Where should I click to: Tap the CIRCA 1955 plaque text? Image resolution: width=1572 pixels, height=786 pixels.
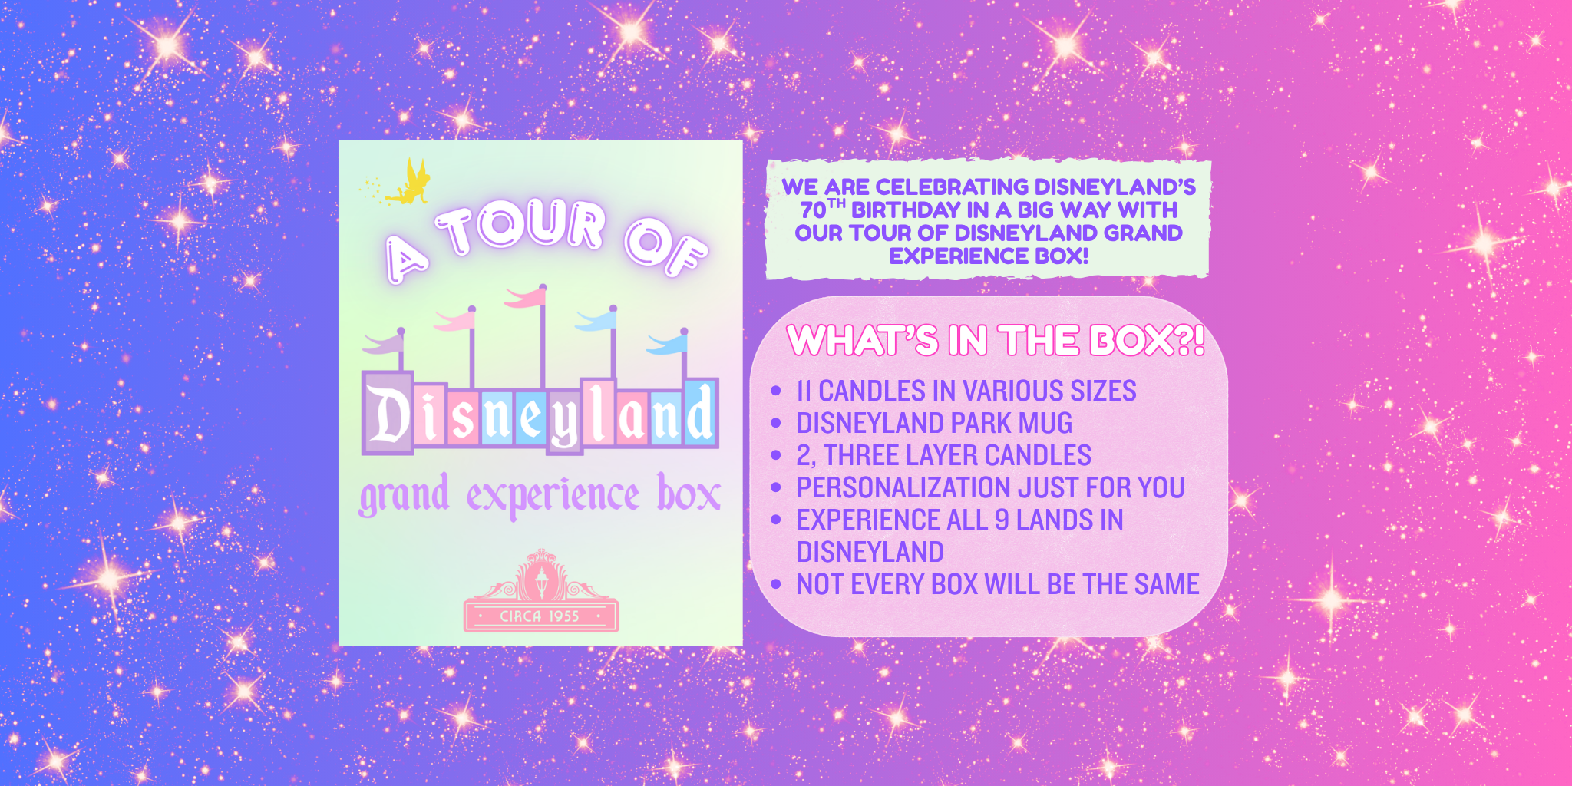(539, 616)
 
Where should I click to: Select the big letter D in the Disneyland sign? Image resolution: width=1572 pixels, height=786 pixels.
(388, 414)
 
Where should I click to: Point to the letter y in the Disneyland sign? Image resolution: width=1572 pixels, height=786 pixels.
(564, 422)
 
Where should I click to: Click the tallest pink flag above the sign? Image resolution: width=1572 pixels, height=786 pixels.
(527, 296)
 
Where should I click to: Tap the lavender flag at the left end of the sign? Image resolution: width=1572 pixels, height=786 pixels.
(383, 343)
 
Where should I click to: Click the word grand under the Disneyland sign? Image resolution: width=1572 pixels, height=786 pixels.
(404, 495)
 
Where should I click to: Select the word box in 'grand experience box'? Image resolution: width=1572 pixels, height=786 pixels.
(689, 493)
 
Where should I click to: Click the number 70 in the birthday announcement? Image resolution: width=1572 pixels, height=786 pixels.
(813, 210)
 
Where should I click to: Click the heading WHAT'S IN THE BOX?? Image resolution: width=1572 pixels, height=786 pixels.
(996, 340)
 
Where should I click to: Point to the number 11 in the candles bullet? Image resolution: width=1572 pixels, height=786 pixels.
(804, 391)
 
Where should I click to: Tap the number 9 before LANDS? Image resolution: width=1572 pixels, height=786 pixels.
(1002, 520)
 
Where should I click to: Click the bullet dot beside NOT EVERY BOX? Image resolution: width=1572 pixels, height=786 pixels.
(775, 584)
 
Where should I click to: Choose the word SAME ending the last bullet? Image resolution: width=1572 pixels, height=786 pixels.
(1167, 584)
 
